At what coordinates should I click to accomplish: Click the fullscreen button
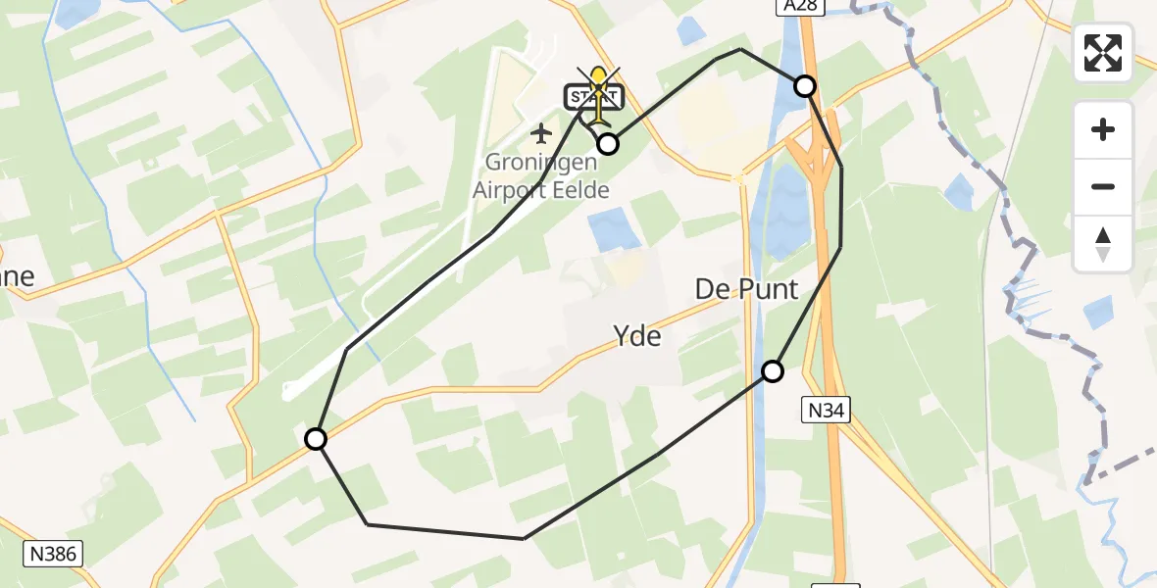click(x=1103, y=53)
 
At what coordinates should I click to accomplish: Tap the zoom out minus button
click(x=1103, y=186)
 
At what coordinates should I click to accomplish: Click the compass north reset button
click(x=1103, y=243)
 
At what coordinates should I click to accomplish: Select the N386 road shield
click(x=54, y=553)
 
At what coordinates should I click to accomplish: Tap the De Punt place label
click(x=746, y=289)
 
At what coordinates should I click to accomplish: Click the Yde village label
click(x=637, y=336)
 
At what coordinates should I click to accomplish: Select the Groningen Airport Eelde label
click(x=540, y=177)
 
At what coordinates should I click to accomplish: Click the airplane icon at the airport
click(x=540, y=131)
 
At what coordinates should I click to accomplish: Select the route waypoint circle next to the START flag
click(x=608, y=144)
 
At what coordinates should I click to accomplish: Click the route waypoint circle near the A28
click(x=805, y=86)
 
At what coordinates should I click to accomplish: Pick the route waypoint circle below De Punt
click(x=773, y=371)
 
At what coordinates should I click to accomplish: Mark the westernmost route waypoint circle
click(x=316, y=439)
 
